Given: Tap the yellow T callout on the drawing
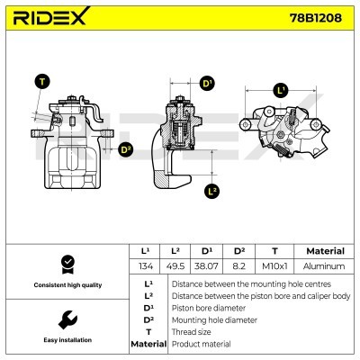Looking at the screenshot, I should (x=41, y=82).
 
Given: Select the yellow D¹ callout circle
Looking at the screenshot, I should (x=207, y=85).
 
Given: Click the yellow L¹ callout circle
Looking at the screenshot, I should (x=281, y=91).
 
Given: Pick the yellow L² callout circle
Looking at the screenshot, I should (x=211, y=191).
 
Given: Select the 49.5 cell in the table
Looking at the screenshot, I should (x=179, y=266).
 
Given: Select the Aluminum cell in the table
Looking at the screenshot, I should (x=324, y=266).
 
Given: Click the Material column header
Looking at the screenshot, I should (x=324, y=251).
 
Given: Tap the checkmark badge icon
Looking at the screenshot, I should (x=66, y=263).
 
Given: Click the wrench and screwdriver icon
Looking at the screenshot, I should (x=66, y=319).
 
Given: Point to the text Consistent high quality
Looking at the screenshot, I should (x=66, y=285).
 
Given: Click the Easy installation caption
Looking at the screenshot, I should (x=66, y=341).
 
